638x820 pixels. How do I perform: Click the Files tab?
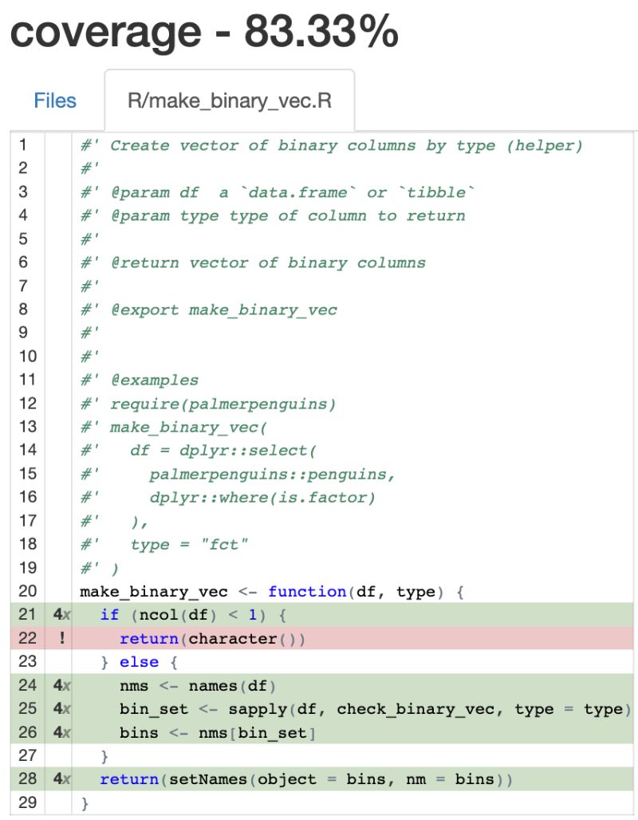(55, 101)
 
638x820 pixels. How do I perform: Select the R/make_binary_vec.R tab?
(230, 101)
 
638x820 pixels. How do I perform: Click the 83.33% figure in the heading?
(321, 33)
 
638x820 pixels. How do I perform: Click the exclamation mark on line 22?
(61, 639)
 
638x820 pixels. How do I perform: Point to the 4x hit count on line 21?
(61, 615)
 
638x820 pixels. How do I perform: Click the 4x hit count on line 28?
(61, 779)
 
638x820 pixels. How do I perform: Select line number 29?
(27, 802)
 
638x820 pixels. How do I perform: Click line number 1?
(22, 145)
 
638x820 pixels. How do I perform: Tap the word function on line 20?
(307, 592)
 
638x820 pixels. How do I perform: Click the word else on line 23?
(139, 662)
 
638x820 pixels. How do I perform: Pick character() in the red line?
(247, 639)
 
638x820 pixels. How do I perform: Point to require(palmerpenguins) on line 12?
(223, 404)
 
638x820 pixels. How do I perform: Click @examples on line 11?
(155, 380)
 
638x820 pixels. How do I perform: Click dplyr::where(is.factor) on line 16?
(262, 498)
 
